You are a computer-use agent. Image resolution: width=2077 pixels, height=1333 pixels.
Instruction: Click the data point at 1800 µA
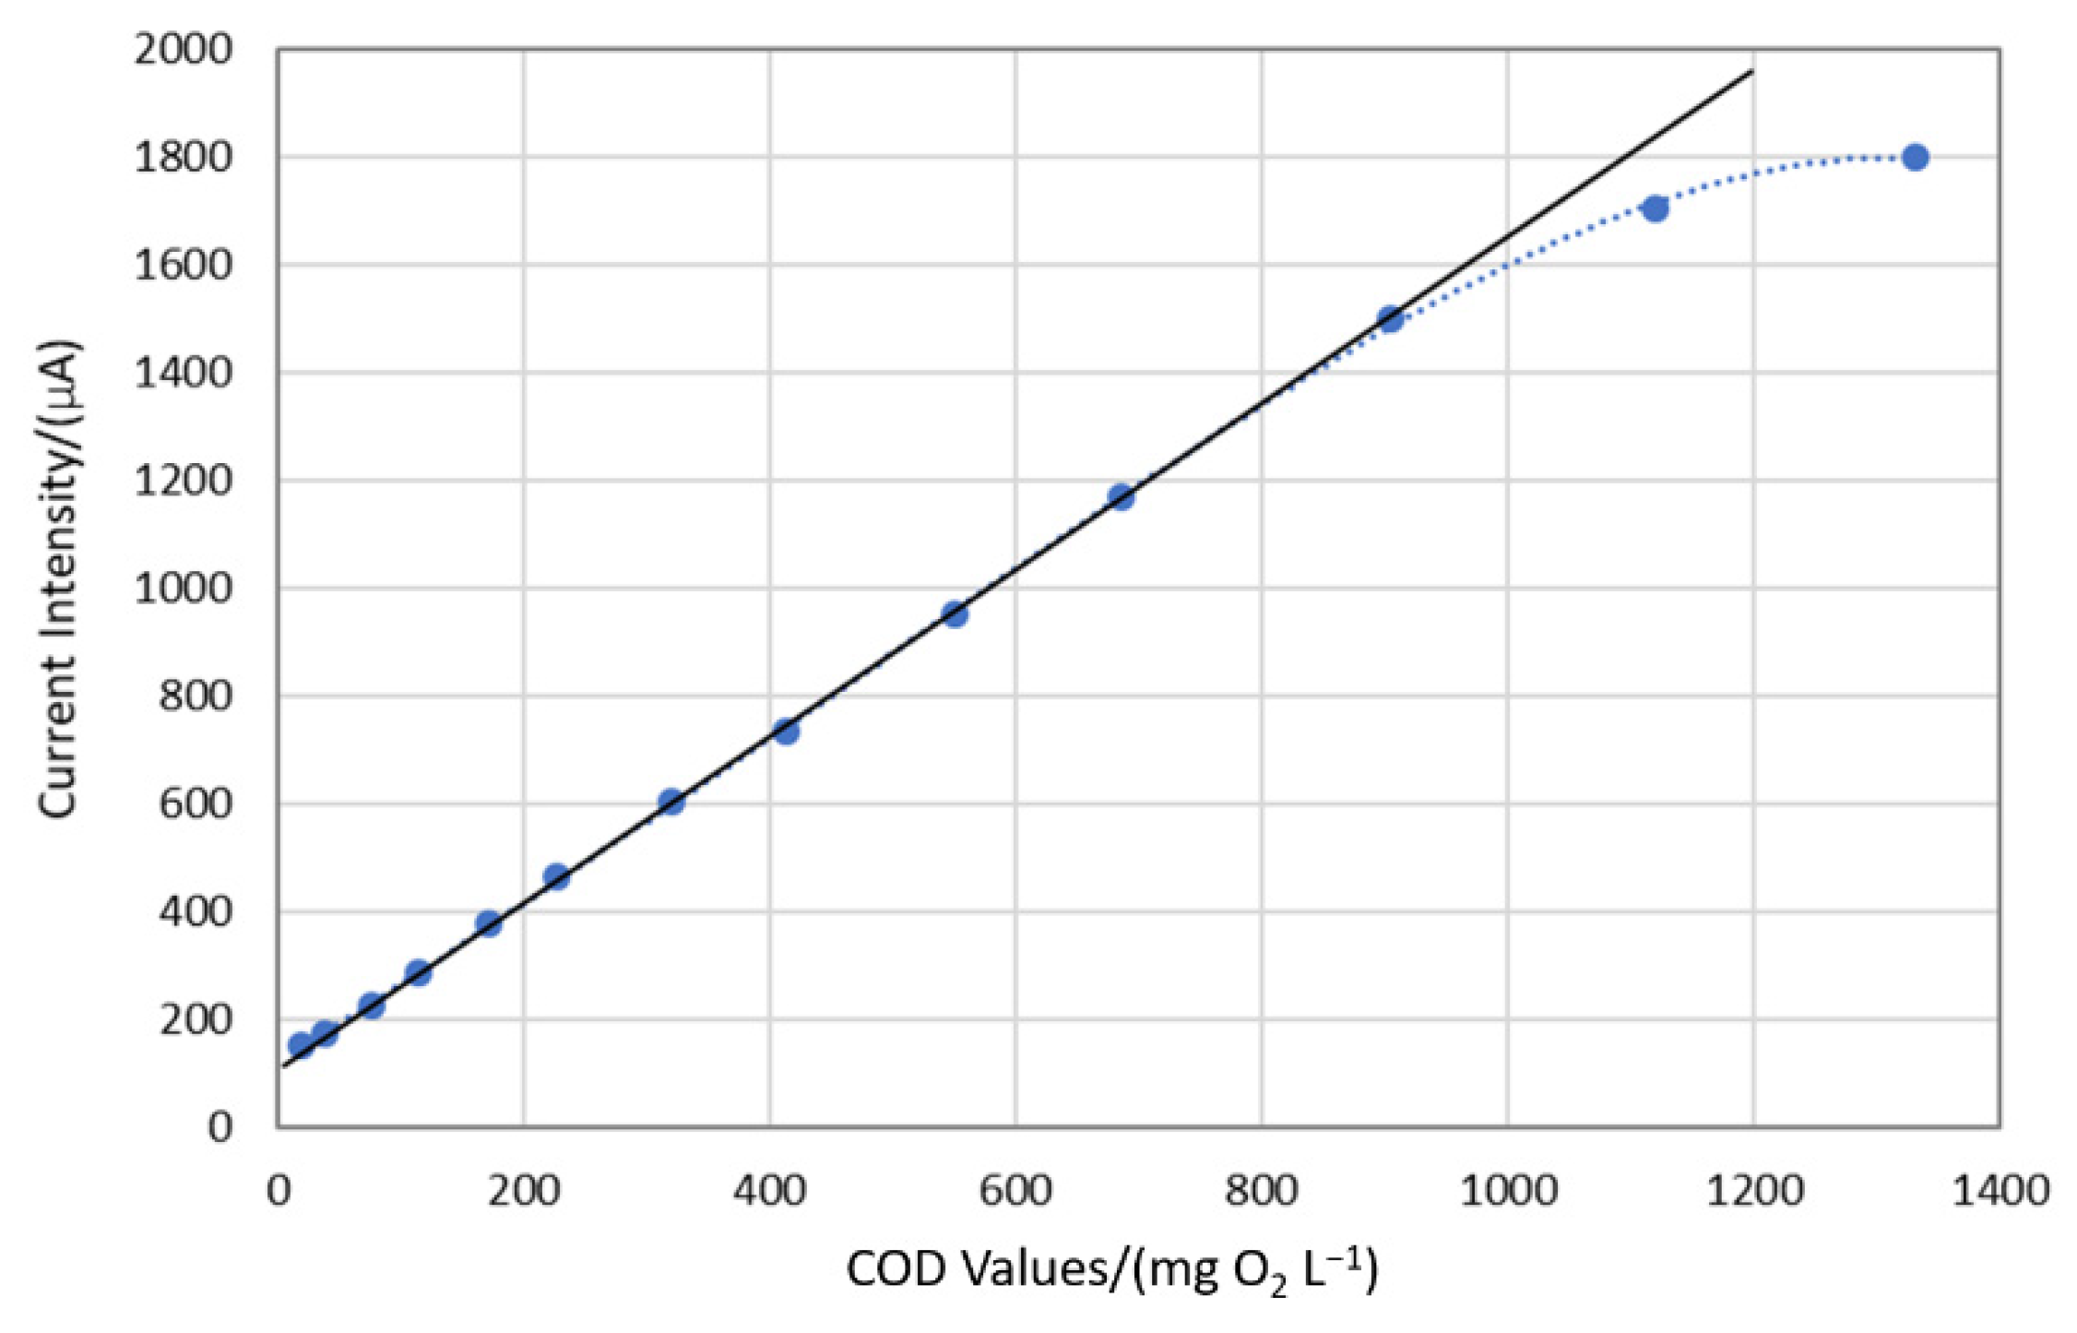(x=1916, y=157)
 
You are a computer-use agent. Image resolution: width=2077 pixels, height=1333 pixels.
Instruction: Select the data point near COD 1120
(x=1656, y=208)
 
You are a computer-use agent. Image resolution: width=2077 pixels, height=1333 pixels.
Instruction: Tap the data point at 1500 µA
(x=1391, y=319)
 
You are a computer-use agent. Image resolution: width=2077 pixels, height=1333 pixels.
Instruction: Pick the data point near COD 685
(x=1122, y=497)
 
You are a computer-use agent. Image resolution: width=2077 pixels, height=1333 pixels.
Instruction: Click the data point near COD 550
(x=955, y=613)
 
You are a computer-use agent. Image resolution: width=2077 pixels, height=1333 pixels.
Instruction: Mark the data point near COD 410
(x=786, y=732)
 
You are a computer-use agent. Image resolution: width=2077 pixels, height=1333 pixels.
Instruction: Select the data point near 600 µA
(x=671, y=802)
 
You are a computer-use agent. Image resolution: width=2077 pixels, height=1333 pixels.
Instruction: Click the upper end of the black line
(x=1752, y=70)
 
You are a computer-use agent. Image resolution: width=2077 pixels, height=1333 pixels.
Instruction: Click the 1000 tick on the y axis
(x=184, y=589)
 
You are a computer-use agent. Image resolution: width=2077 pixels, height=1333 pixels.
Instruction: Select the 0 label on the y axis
(x=220, y=1127)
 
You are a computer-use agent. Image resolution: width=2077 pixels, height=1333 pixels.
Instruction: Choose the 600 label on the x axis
(x=1015, y=1191)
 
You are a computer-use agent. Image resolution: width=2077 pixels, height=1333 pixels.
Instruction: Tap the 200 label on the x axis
(x=524, y=1191)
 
